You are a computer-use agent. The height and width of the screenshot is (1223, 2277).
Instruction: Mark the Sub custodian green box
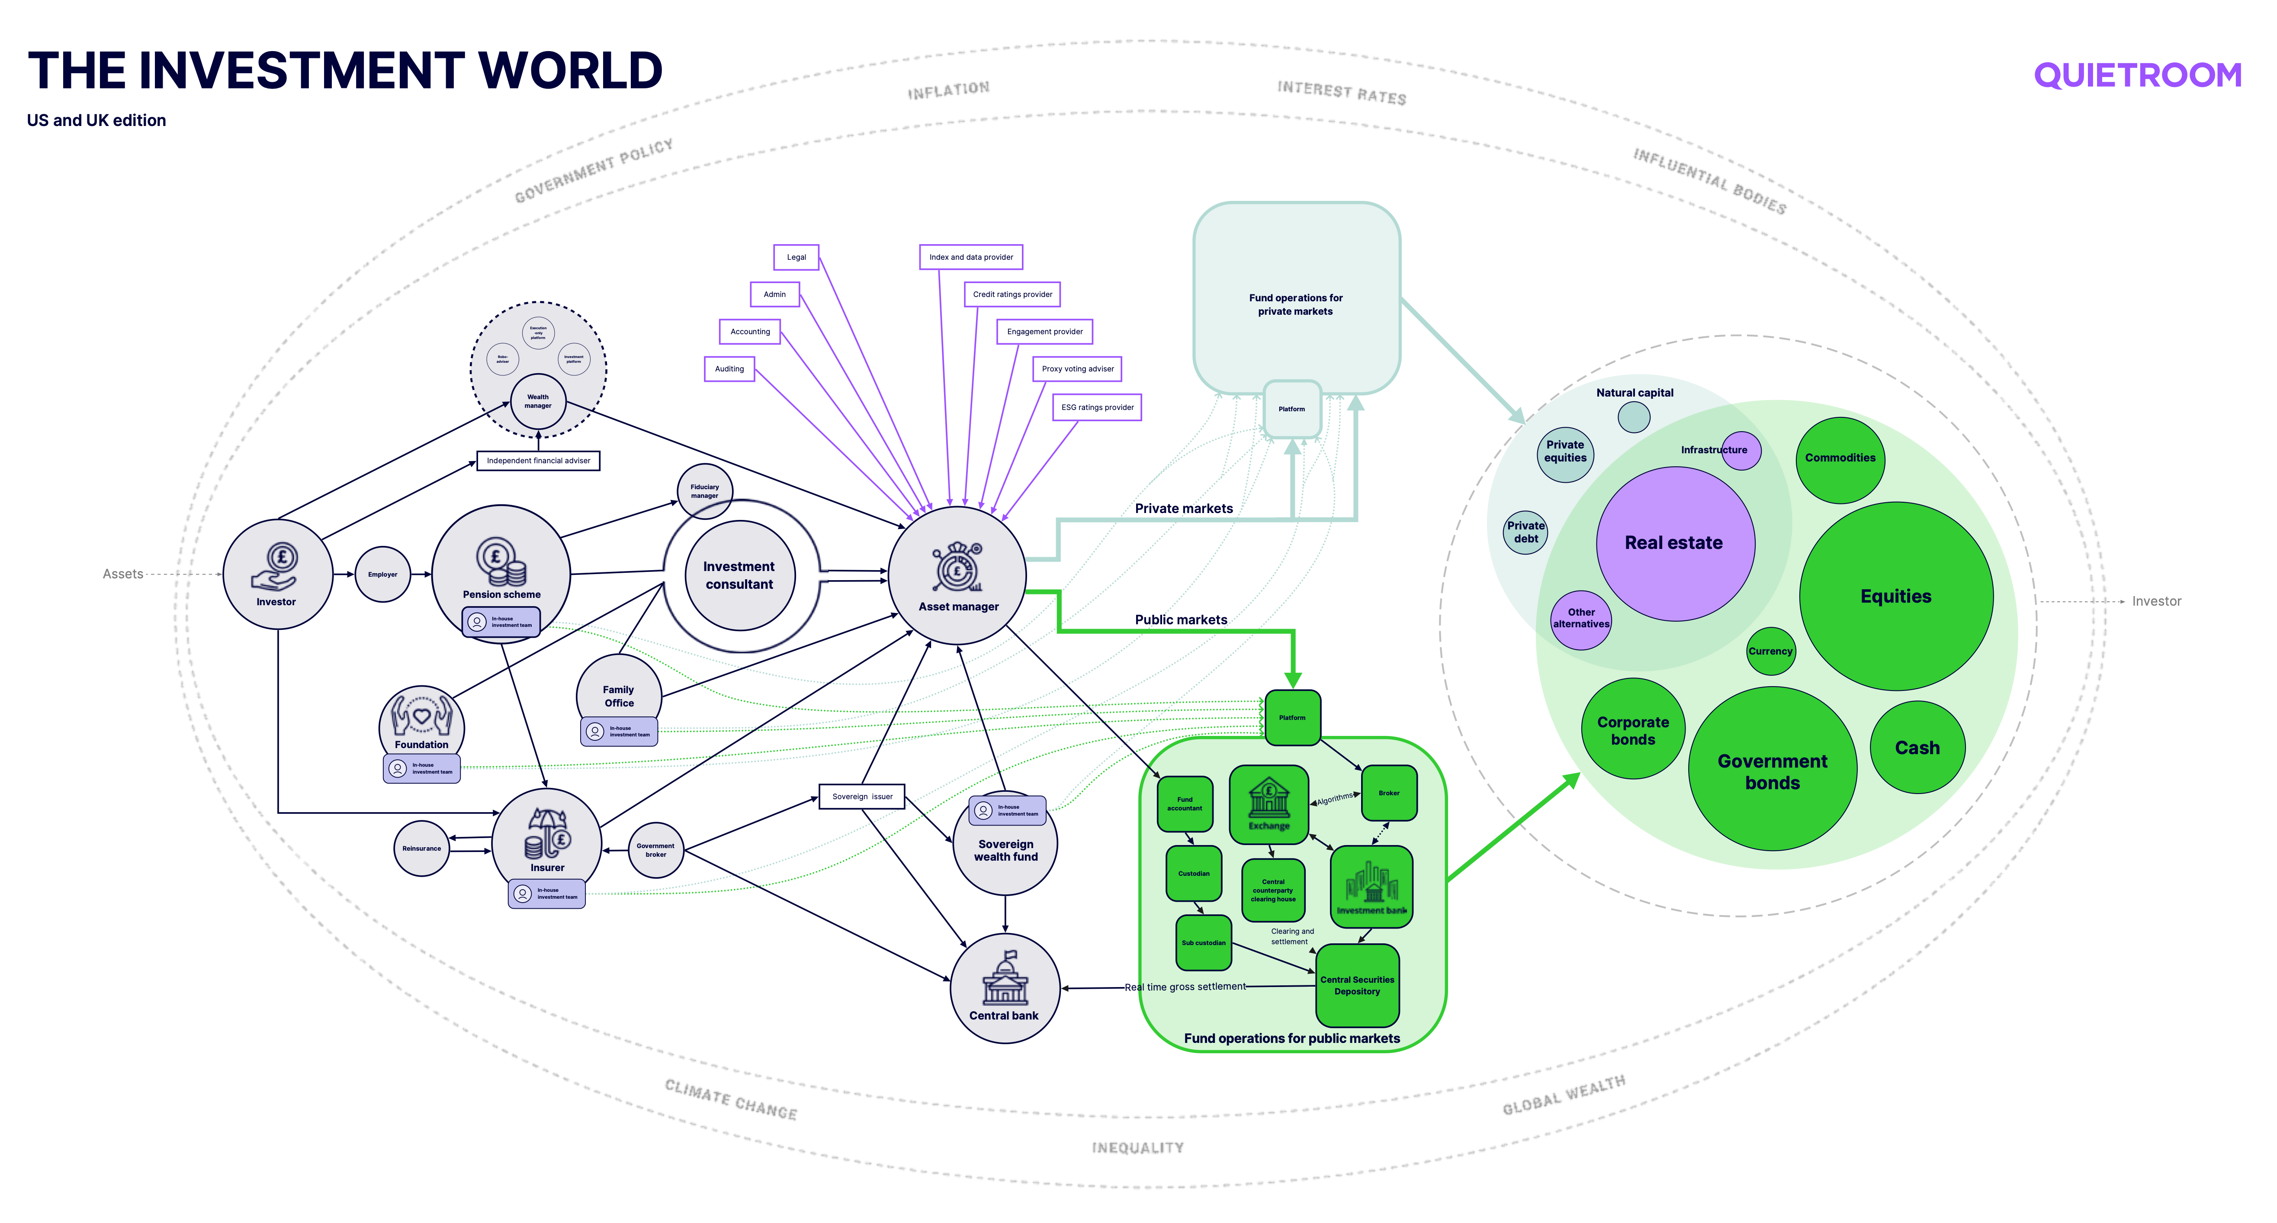1203,942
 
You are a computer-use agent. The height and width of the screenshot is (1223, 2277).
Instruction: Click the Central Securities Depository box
1357,985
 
